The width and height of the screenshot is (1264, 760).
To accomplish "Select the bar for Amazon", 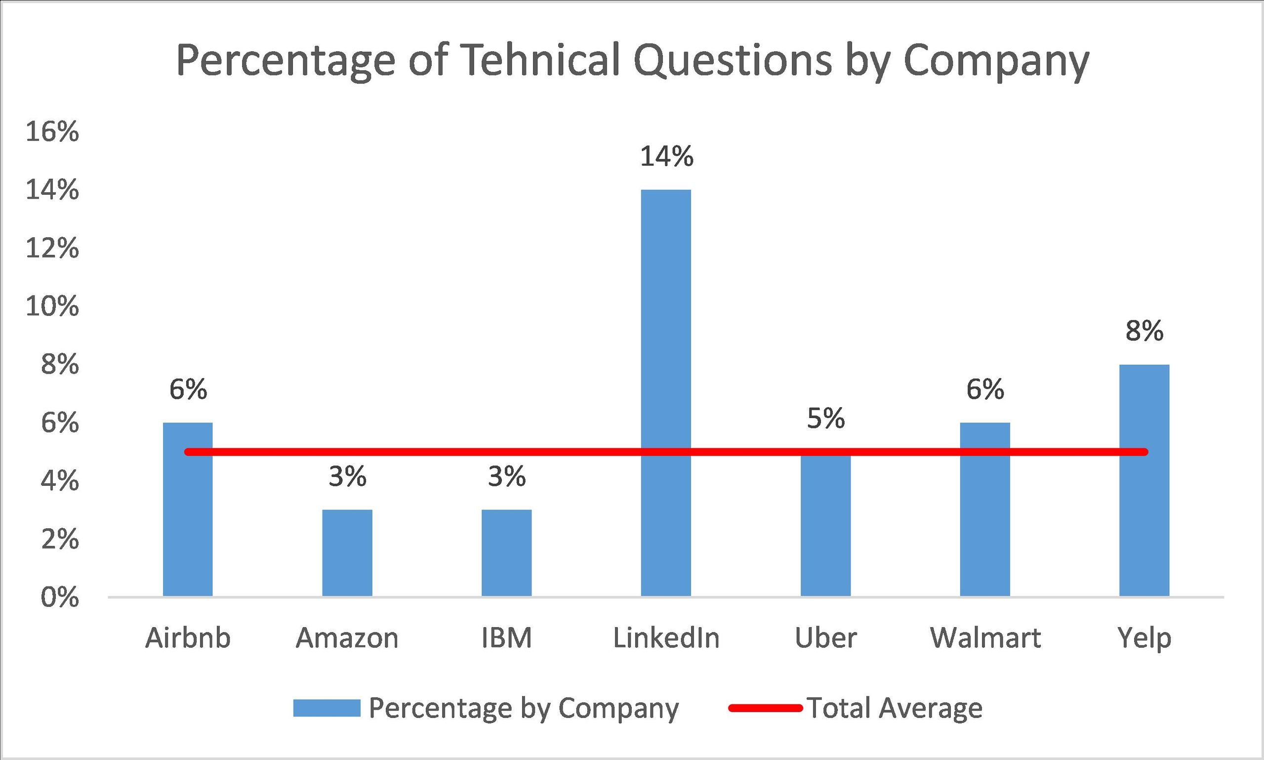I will coord(347,553).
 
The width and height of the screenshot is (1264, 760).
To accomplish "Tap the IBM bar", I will coord(506,553).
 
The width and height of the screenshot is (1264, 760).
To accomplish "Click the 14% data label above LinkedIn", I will coord(666,157).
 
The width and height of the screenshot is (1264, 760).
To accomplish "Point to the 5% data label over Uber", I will coord(826,419).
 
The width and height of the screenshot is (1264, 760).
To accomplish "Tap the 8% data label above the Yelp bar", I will coord(1144,332).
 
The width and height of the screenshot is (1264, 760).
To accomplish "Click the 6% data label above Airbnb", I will coord(188,390).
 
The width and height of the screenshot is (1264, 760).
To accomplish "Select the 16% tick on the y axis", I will coord(52,132).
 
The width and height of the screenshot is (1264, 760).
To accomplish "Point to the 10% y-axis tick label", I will coord(52,307).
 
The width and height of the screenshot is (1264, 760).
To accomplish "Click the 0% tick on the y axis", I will coord(60,597).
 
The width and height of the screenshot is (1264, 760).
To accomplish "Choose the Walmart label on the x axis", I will coord(985,638).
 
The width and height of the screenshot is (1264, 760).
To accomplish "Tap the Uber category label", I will coord(825,638).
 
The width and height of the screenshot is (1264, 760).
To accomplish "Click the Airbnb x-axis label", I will coord(188,638).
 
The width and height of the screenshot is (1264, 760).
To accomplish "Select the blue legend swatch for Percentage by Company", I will coord(326,708).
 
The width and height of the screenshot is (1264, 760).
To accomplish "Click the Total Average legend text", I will coord(895,708).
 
